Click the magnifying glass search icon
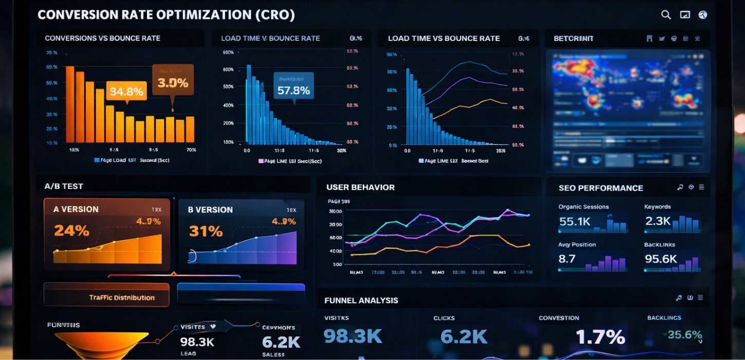click(666, 15)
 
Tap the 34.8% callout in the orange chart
click(126, 91)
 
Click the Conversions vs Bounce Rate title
click(102, 39)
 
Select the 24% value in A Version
click(71, 231)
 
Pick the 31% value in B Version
click(206, 231)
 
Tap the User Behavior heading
click(360, 187)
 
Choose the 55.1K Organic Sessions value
click(574, 221)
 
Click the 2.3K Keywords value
click(658, 221)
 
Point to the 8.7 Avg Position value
click(567, 259)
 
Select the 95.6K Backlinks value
click(661, 259)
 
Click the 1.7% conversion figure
click(600, 337)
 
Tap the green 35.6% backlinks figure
click(684, 335)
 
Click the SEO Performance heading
click(601, 188)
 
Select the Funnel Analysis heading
click(361, 300)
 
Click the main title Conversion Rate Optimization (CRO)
click(166, 14)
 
